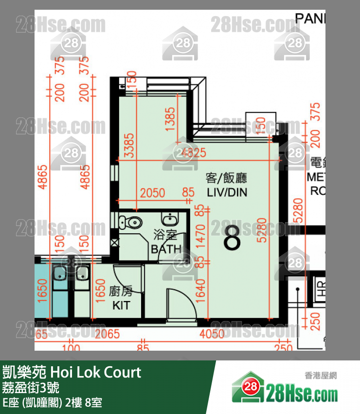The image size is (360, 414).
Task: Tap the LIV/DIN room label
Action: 227,192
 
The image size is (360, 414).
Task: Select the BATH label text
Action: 166,249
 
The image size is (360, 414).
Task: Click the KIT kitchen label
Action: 121,305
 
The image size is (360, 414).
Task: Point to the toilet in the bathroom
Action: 132,223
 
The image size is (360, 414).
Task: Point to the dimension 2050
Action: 152,193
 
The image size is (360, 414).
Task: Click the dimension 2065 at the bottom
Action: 108,334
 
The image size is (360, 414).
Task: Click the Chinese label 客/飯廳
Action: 227,178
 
